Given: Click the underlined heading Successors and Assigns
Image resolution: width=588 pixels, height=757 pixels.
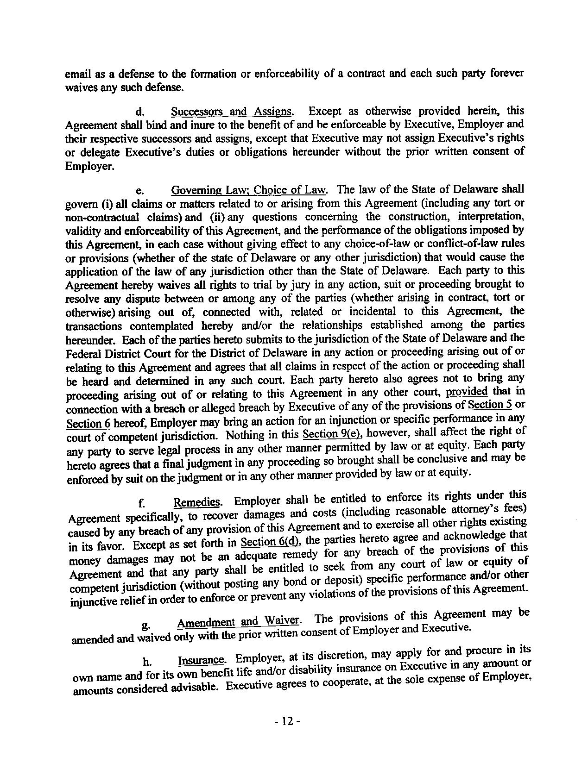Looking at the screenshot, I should (x=232, y=112).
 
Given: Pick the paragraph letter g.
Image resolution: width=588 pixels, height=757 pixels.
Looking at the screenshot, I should (x=146, y=626).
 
